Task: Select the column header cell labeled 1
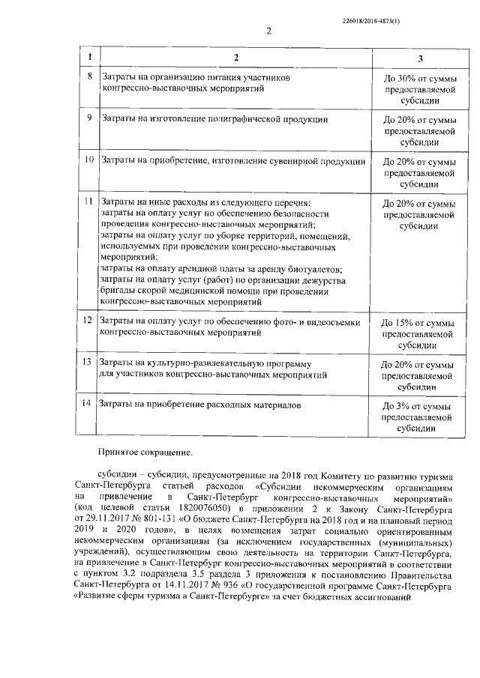pos(90,57)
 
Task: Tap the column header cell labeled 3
pos(419,58)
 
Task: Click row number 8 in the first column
pos(90,77)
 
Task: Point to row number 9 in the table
pos(90,118)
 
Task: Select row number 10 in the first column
pos(89,160)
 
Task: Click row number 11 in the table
pos(89,202)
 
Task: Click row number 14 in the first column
pos(89,405)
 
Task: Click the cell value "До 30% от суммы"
pos(419,78)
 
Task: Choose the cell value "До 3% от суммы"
pos(419,405)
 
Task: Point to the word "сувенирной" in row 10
pos(291,160)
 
